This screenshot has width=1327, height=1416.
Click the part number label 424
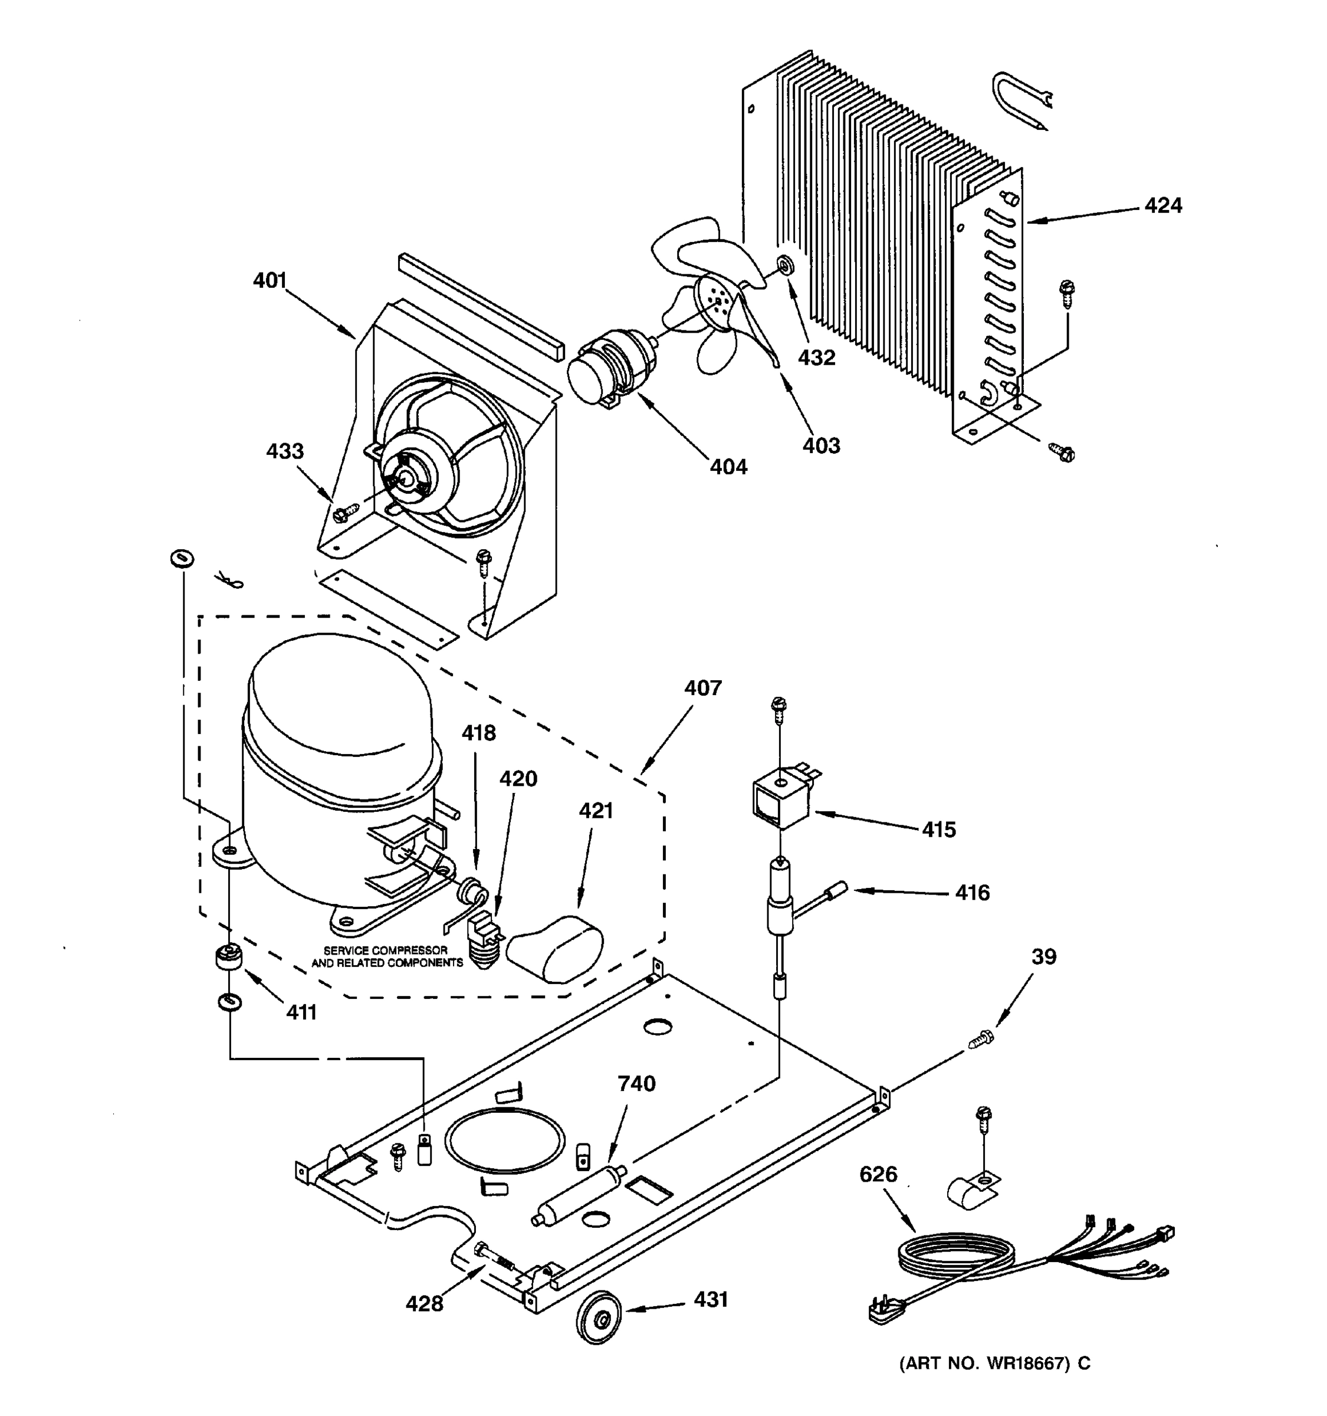point(1162,206)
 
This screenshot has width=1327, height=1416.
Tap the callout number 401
point(269,281)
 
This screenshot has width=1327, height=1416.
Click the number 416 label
point(972,893)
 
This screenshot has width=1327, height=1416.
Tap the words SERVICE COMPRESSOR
point(385,950)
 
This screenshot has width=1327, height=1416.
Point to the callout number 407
point(702,687)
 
